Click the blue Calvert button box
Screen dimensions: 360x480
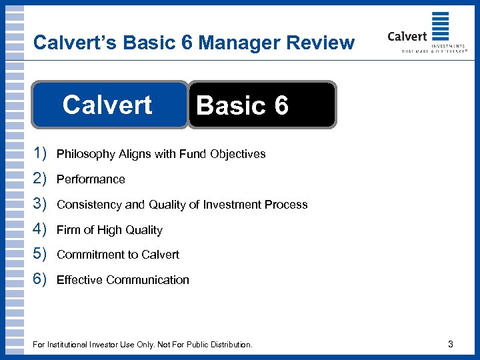pyautogui.click(x=109, y=105)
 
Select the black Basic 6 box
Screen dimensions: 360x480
pyautogui.click(x=263, y=105)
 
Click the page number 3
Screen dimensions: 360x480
pyautogui.click(x=451, y=344)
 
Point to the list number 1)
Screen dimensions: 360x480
pyautogui.click(x=39, y=154)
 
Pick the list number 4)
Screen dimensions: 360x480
pyautogui.click(x=39, y=229)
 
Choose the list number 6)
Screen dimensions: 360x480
pyautogui.click(x=39, y=279)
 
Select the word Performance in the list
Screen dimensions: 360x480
pyautogui.click(x=91, y=179)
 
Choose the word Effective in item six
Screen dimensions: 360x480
pyautogui.click(x=77, y=280)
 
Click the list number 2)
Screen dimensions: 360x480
pyautogui.click(x=39, y=179)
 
